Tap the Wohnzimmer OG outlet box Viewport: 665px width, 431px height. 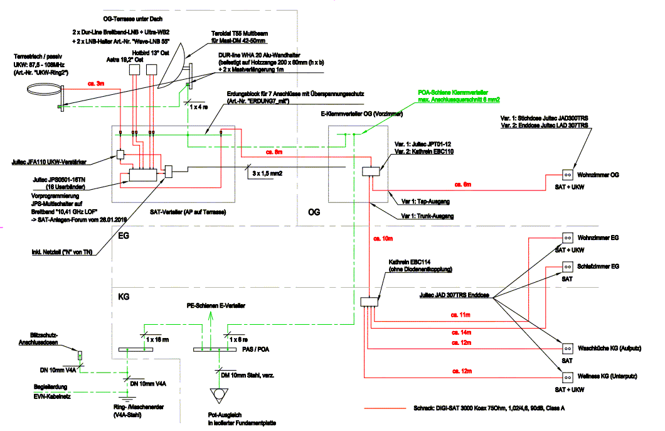[565, 175]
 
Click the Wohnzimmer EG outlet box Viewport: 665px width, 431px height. [565, 238]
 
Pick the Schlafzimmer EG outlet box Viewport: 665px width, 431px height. [565, 266]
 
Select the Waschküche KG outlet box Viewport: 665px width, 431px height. [565, 348]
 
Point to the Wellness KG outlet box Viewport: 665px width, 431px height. [565, 377]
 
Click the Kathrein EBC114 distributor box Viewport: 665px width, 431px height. [370, 302]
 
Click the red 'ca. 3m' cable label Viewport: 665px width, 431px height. [96, 84]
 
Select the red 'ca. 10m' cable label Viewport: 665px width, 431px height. [383, 239]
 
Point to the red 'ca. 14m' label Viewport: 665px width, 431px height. [461, 331]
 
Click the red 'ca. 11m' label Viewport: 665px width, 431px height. [461, 315]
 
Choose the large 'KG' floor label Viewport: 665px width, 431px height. [124, 295]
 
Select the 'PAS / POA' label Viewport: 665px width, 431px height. [255, 349]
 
